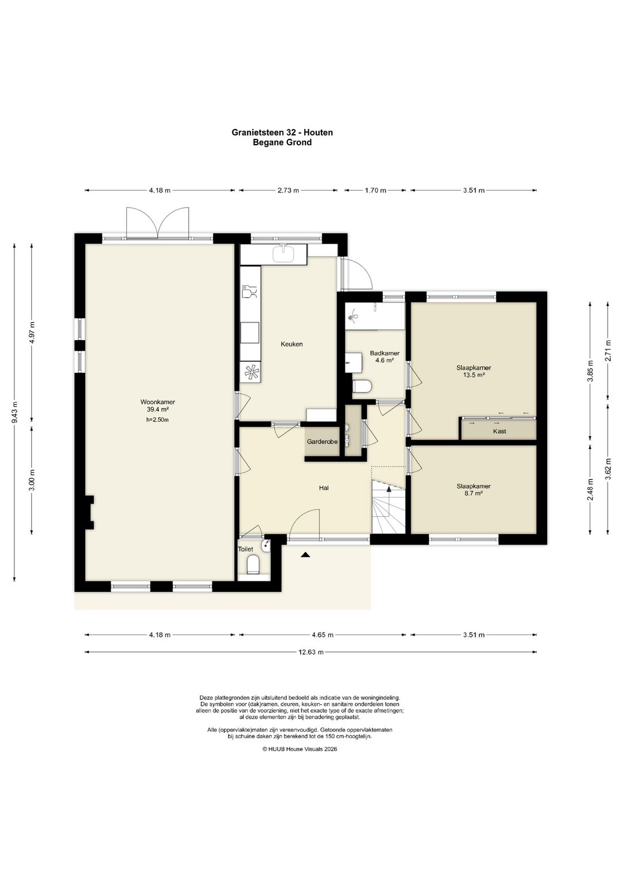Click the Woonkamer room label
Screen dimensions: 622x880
pos(157,402)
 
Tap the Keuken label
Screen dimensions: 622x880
pos(291,344)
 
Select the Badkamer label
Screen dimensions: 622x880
pos(385,353)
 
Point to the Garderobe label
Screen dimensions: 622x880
pos(322,441)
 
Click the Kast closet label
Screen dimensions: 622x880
pos(499,431)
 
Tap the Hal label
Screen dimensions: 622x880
pos(324,488)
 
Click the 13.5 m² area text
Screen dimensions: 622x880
pos(473,375)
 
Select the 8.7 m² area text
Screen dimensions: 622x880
pos(473,493)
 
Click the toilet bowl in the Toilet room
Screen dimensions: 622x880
pos(253,565)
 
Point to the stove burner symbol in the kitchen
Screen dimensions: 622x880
pos(250,372)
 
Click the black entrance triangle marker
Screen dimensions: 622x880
pos(305,555)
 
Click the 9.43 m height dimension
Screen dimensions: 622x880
pos(14,413)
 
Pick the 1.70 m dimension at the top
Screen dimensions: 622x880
pos(376,191)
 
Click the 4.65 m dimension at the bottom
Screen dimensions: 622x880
pos(323,635)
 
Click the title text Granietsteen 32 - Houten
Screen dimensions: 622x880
pos(282,133)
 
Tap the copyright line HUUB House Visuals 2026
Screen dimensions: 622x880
pos(299,749)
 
